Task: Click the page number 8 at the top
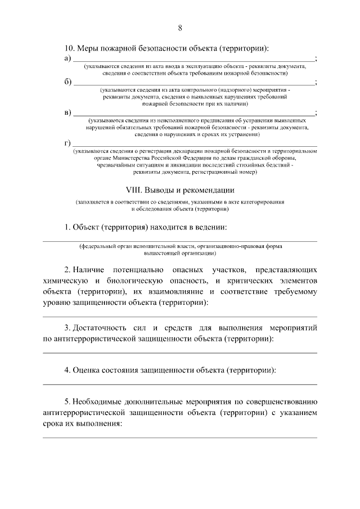(x=180, y=27)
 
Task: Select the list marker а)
(x=67, y=58)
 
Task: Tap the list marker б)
(x=67, y=82)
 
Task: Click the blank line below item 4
(x=180, y=384)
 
